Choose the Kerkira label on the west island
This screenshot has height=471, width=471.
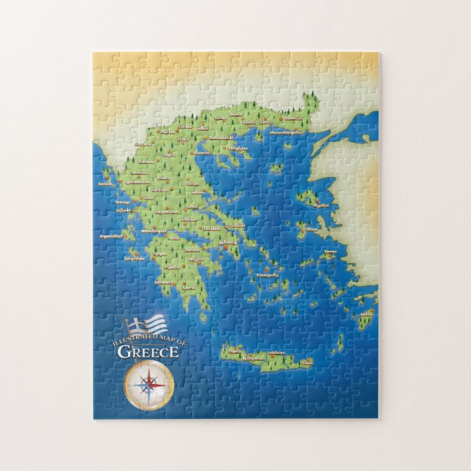coord(106,184)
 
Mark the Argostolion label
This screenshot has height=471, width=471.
coord(113,237)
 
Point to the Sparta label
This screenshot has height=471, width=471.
coord(188,287)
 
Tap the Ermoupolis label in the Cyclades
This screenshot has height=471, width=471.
coord(265,276)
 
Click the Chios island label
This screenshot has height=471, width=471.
coord(312,229)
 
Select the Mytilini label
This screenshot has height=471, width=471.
coord(320,206)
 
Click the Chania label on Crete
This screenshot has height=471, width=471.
coord(235,351)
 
